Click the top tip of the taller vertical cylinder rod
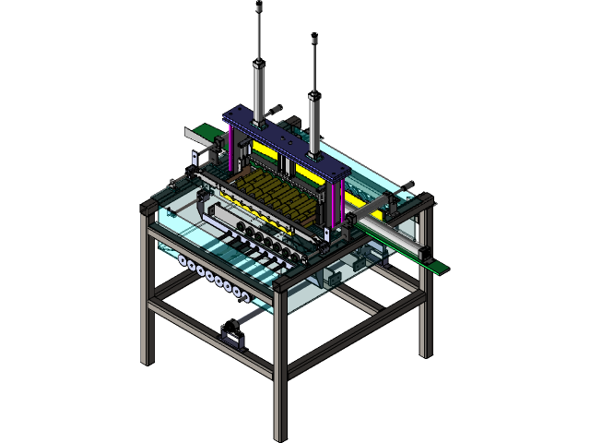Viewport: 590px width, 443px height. [x=259, y=7]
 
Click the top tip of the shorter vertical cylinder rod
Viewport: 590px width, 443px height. [x=315, y=40]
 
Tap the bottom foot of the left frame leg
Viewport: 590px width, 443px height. [x=146, y=361]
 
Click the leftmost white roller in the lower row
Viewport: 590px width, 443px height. [x=183, y=262]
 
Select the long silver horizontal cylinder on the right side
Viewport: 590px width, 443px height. [x=392, y=236]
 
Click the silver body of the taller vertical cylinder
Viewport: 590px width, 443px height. [x=259, y=88]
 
